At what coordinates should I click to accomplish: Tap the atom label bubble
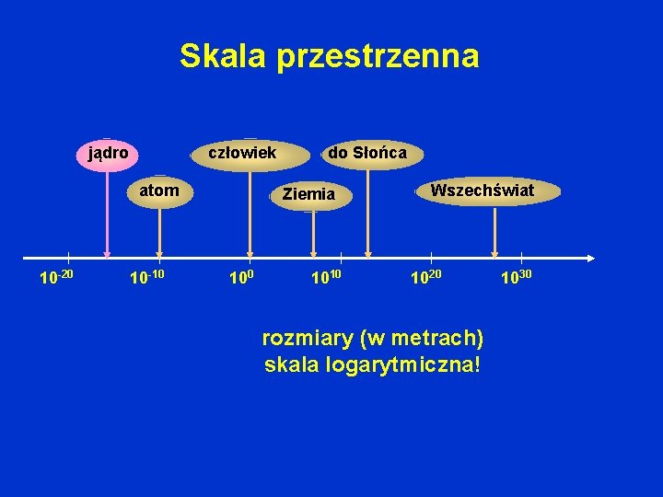pos(159,191)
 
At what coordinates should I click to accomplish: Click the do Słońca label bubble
pos(366,152)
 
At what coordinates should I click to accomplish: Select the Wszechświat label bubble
pos(482,191)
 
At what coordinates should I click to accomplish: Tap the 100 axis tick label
pos(241,277)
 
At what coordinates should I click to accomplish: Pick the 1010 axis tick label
pos(330,277)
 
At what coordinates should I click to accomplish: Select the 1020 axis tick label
pos(426,277)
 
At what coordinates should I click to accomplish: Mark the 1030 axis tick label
pos(517,277)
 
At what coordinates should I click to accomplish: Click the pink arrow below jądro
pos(108,212)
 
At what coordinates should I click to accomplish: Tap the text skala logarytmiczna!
pos(372,364)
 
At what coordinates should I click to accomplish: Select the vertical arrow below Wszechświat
pos(495,232)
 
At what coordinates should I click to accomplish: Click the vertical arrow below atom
pos(159,232)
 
